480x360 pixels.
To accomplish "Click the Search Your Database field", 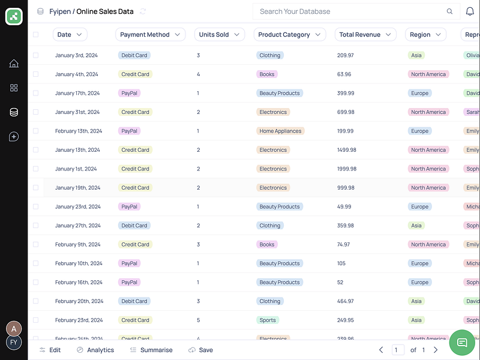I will (x=348, y=11).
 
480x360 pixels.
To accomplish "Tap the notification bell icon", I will (x=470, y=11).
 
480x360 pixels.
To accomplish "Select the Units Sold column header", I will (x=219, y=35).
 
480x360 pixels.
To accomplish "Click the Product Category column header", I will (x=289, y=35).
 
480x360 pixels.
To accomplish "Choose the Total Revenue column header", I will (x=365, y=35).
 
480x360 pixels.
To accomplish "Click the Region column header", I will (x=425, y=35).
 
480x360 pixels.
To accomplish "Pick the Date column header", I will (x=70, y=35).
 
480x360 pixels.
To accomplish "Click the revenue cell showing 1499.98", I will (x=347, y=150).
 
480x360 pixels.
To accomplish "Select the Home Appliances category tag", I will (x=280, y=131).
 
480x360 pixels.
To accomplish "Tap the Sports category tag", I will (x=268, y=320).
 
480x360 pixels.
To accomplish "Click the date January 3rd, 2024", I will (x=76, y=55).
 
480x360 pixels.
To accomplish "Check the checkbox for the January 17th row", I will (x=35, y=93).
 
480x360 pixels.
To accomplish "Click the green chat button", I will (x=462, y=342).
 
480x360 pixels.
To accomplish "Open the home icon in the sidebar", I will (x=14, y=64).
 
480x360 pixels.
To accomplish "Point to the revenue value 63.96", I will (x=344, y=74).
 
